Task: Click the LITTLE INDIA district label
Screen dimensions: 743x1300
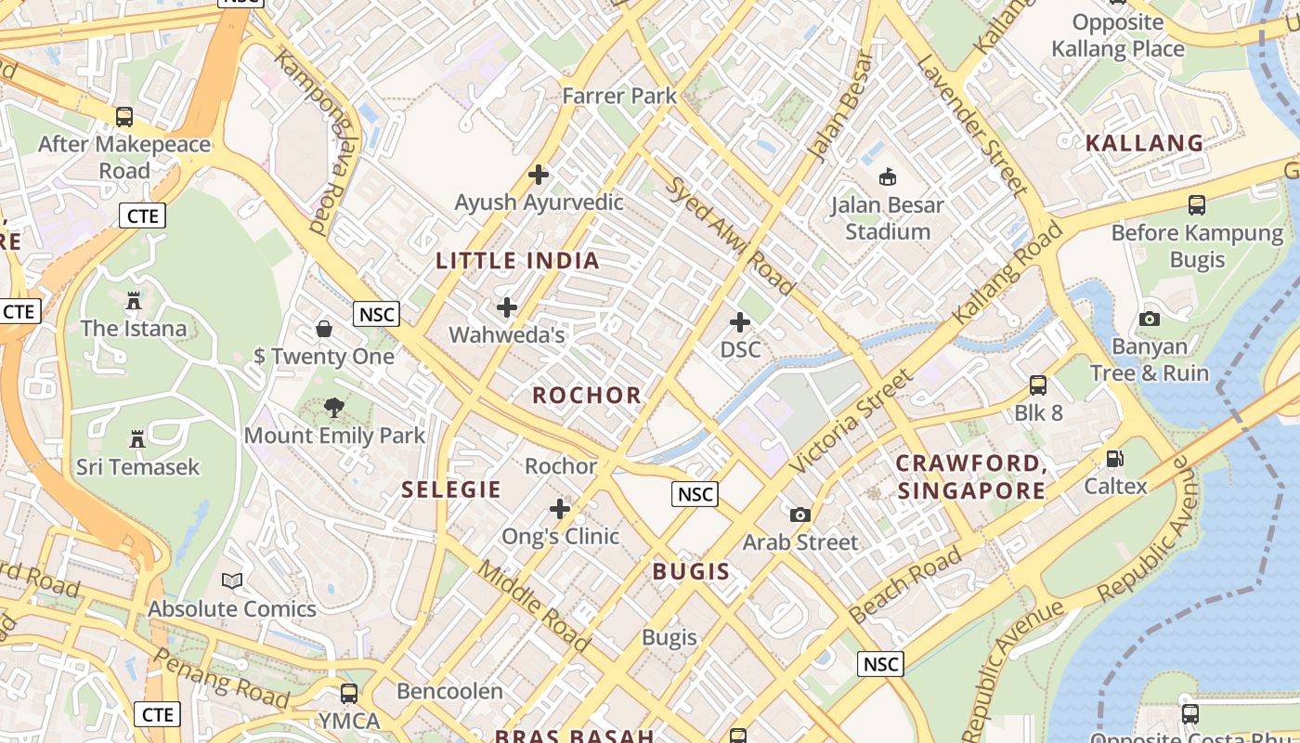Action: pos(517,260)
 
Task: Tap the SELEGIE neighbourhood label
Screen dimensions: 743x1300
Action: pos(451,489)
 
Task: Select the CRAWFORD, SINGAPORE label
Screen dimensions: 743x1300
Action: pos(972,476)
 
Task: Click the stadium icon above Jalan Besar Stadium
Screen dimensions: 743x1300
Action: pos(888,176)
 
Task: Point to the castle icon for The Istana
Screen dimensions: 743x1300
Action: pos(134,301)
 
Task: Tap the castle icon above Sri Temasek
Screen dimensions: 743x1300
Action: pos(137,438)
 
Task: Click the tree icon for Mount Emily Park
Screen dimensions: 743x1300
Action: pos(334,407)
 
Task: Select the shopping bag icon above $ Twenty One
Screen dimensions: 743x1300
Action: pos(324,328)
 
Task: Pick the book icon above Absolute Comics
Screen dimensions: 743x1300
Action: pos(232,581)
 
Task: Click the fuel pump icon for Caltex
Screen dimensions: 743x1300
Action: pos(1114,458)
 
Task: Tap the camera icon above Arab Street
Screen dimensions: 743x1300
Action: pos(799,515)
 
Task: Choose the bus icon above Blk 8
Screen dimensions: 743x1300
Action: pos(1038,385)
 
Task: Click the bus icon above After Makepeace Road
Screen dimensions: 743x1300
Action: pos(123,117)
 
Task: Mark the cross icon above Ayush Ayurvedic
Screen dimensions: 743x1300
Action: pos(539,174)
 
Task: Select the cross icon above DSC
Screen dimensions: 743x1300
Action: pos(740,322)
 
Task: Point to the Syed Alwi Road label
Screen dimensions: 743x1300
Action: pos(731,236)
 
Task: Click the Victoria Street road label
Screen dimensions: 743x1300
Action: pos(851,421)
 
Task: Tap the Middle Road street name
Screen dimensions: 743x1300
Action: pos(534,605)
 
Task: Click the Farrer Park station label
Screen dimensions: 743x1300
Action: pos(620,95)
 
